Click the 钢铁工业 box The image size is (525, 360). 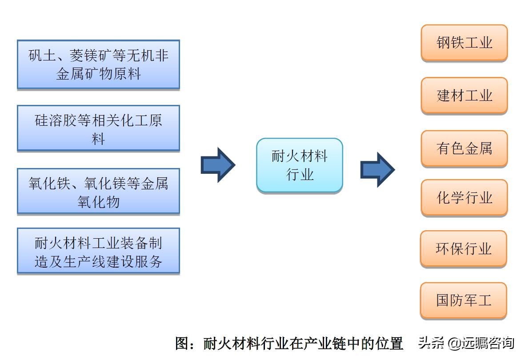pyautogui.click(x=464, y=43)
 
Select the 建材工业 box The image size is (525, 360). pyautogui.click(x=464, y=95)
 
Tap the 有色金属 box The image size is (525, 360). pyautogui.click(x=464, y=148)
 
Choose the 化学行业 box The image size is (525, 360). pyautogui.click(x=464, y=197)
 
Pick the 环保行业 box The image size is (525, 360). pyautogui.click(x=464, y=248)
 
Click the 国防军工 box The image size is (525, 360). pyautogui.click(x=464, y=300)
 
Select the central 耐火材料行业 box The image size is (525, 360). pyautogui.click(x=300, y=165)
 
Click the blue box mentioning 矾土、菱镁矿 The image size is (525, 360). pyautogui.click(x=98, y=64)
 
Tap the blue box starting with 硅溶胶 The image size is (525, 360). pyautogui.click(x=98, y=128)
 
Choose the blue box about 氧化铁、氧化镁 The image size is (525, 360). pyautogui.click(x=98, y=192)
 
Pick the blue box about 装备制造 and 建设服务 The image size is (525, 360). pyautogui.click(x=98, y=251)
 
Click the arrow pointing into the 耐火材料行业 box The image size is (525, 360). pyautogui.click(x=218, y=164)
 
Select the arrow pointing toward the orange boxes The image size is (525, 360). pyautogui.click(x=377, y=169)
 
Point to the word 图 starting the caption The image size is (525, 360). pyautogui.click(x=183, y=344)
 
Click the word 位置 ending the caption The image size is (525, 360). pyautogui.click(x=389, y=344)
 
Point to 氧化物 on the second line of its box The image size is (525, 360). pyautogui.click(x=98, y=202)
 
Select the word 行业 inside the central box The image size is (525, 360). pyautogui.click(x=300, y=175)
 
